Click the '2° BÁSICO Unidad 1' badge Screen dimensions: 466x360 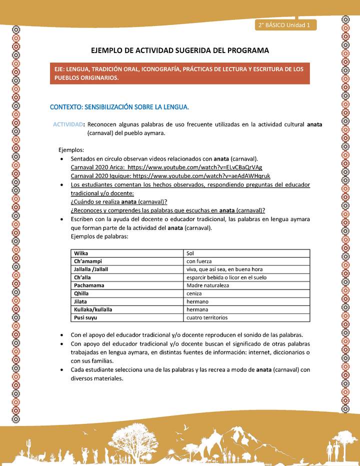(x=284, y=25)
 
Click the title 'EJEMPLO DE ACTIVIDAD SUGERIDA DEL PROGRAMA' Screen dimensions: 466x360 (x=180, y=50)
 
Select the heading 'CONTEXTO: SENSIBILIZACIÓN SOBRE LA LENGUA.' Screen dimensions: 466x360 (x=119, y=107)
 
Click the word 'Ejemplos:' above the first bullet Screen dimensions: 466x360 (x=71, y=149)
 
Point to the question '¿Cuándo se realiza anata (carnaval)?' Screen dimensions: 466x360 (x=119, y=201)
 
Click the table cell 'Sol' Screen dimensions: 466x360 (x=190, y=253)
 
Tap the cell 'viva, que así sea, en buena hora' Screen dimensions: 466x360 (x=224, y=269)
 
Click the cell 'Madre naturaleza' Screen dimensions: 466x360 (x=207, y=285)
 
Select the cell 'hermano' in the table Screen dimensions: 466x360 (x=197, y=301)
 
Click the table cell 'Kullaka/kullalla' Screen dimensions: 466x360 (x=93, y=309)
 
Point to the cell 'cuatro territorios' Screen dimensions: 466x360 (x=207, y=317)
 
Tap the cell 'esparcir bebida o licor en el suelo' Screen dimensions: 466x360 (x=226, y=277)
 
